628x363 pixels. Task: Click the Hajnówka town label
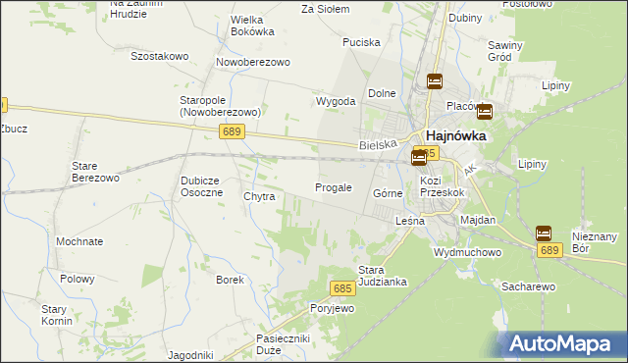[x=454, y=137]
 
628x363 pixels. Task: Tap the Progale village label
[x=333, y=187]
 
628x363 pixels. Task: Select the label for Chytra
[x=259, y=196]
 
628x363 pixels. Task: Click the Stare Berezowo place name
[x=95, y=172]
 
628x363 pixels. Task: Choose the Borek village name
[x=230, y=280]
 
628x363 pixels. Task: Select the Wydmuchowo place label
[x=467, y=252]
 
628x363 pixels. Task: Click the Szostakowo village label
[x=159, y=56]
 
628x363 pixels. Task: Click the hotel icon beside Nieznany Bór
[x=544, y=233]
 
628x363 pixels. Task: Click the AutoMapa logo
[x=563, y=343]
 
